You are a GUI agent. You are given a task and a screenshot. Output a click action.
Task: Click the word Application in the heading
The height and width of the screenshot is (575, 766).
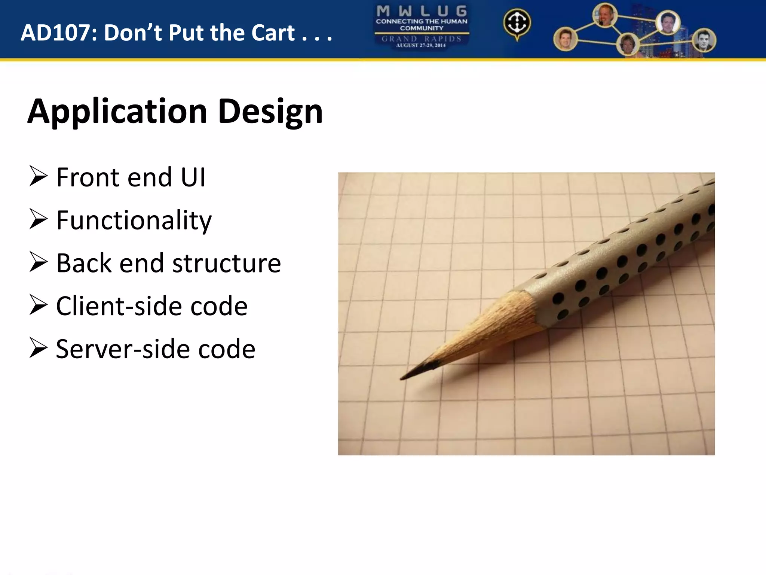117,112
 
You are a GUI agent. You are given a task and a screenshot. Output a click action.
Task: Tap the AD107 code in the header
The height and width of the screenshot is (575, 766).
59,33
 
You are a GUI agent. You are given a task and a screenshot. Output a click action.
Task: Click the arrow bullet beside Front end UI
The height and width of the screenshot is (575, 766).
38,177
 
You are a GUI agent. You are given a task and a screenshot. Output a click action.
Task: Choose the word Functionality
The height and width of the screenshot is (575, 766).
134,220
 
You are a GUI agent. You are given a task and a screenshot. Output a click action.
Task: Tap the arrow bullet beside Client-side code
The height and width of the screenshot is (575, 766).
38,305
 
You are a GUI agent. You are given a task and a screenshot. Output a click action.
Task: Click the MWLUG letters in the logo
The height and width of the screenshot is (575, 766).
422,11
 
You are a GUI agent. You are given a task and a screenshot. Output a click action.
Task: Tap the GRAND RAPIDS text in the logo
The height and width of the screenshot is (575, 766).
422,39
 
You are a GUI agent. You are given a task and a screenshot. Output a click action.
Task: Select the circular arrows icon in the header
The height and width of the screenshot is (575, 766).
517,23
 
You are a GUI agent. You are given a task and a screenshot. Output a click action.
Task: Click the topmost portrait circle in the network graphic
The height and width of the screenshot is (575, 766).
605,15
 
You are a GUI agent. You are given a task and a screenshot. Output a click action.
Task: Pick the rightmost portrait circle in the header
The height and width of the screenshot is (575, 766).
704,40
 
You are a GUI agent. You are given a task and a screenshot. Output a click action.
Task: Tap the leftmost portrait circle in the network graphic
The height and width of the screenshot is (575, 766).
565,39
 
